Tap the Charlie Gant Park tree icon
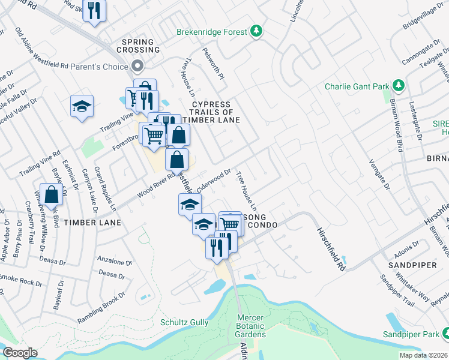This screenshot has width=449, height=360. point(397,86)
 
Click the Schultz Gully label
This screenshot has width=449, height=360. point(184,322)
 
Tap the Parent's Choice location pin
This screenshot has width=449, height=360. point(138,67)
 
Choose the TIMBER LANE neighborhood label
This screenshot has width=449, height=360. point(92,223)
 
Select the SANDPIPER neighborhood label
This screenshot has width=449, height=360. point(411,265)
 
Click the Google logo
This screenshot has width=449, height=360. point(20,353)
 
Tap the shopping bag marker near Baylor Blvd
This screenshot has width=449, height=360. point(52,194)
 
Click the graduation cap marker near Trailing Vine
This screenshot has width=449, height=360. point(82,106)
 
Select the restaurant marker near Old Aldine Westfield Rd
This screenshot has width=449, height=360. point(94,11)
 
